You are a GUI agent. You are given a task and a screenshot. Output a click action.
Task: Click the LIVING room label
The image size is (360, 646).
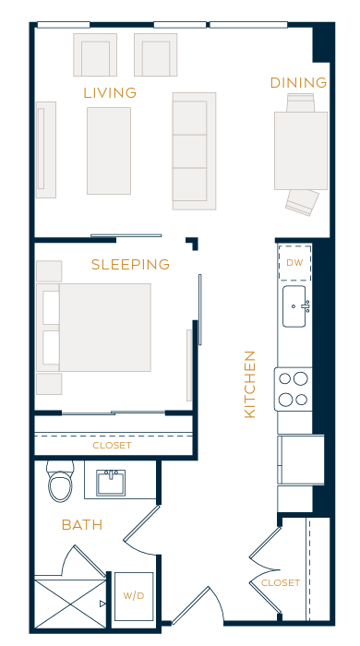[x=110, y=92]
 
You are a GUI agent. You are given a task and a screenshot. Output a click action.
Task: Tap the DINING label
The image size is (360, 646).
[x=298, y=83]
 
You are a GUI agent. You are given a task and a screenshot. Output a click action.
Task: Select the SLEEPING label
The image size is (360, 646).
[x=130, y=264]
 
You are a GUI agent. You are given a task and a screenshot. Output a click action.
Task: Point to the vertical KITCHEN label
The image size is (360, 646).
[x=249, y=384]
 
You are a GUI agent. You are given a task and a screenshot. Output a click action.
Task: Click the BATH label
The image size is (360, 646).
[x=81, y=525]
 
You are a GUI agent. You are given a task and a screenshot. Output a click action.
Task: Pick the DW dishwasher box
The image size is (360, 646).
[x=294, y=263]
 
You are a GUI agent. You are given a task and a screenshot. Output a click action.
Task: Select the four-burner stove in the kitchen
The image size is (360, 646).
[x=293, y=389]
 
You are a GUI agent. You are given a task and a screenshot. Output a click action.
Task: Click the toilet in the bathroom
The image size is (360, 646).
[x=60, y=483]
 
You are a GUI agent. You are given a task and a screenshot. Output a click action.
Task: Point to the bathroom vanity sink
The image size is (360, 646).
[x=114, y=481]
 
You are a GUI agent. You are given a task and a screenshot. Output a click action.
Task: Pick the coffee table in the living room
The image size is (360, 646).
[x=109, y=150]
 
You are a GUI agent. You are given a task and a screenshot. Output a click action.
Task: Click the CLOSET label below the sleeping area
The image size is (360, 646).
[x=112, y=446]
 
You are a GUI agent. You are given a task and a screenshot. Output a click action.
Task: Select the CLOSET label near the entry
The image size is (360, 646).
[x=281, y=582]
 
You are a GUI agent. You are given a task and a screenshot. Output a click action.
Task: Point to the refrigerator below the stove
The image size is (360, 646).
[x=295, y=459]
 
